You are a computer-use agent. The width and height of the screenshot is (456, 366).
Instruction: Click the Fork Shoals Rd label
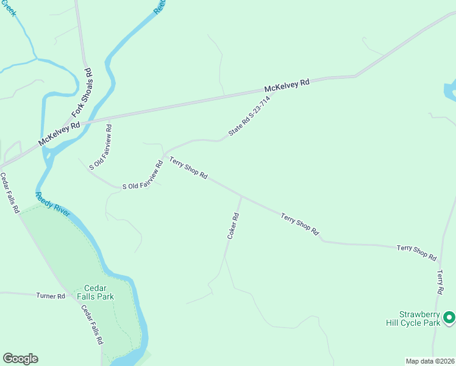click(82, 92)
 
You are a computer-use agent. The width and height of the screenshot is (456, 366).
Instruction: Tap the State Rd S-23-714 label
click(249, 116)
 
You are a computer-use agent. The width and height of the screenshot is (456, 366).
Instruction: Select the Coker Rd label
click(232, 225)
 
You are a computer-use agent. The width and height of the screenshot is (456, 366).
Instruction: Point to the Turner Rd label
click(51, 296)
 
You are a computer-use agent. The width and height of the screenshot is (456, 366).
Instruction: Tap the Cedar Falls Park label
click(99, 292)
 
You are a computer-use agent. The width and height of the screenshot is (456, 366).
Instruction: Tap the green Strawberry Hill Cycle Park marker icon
click(449, 317)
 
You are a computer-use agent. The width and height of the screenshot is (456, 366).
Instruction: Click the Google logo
click(20, 359)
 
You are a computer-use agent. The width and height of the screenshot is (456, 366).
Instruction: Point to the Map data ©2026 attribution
click(429, 361)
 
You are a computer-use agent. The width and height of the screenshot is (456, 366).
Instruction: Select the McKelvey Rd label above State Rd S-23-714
click(287, 86)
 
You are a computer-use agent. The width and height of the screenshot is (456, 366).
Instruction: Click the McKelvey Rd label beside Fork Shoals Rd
click(59, 134)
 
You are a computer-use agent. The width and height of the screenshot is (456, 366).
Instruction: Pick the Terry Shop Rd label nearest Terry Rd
click(416, 253)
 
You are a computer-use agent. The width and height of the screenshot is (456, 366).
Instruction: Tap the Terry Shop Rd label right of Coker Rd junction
click(300, 224)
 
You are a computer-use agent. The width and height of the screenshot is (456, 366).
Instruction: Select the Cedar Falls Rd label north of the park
click(10, 193)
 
